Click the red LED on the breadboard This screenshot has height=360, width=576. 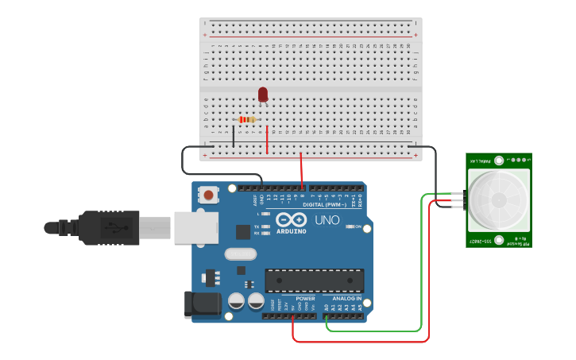tap(263, 95)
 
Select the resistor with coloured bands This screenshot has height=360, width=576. tap(248, 120)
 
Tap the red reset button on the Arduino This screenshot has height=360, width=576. tap(210, 194)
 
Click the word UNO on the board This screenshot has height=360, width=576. tap(327, 220)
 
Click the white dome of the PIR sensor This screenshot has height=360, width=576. tap(498, 199)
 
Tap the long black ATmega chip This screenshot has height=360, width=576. tap(315, 281)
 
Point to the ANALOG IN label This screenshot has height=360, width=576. tap(348, 299)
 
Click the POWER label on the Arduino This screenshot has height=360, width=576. tap(305, 299)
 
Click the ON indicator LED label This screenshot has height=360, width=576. tap(358, 227)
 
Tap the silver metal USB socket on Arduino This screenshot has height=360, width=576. tap(195, 227)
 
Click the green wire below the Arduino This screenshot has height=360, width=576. tap(373, 331)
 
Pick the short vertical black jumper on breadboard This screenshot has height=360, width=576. tap(234, 135)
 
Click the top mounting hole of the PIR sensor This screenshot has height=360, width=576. tap(499, 160)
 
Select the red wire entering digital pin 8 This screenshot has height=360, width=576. tap(301, 171)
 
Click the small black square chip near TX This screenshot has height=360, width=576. tap(243, 232)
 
